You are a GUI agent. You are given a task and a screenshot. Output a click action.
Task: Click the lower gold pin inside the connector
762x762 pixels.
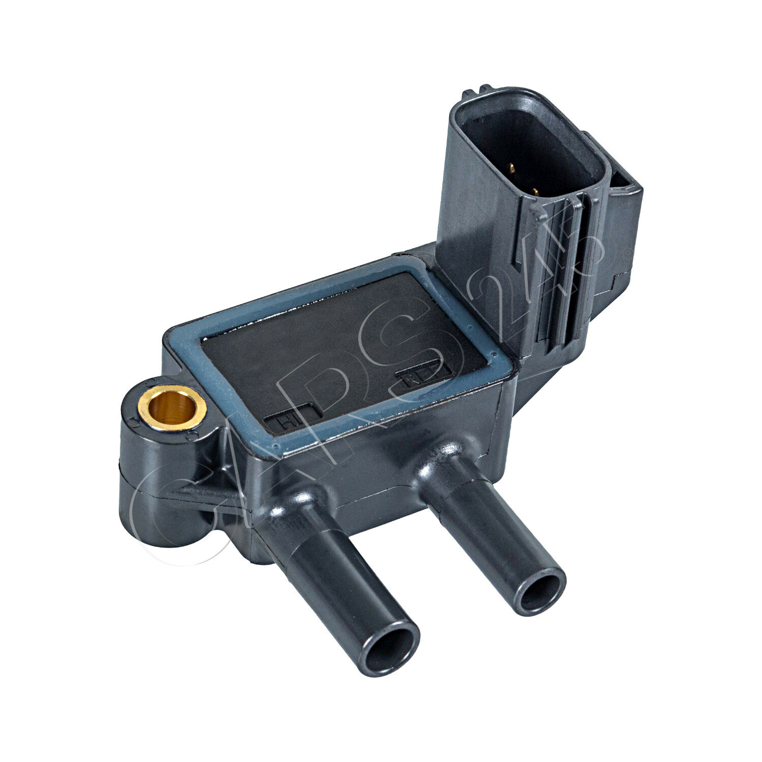pos(535,192)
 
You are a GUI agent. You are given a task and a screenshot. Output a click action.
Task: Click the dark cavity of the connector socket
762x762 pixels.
pos(528,152)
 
